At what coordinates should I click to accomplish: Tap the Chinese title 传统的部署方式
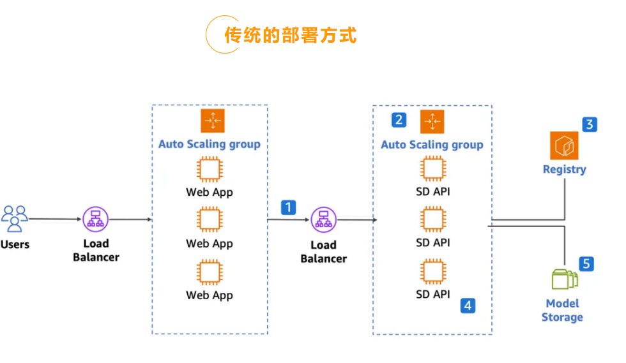coord(290,34)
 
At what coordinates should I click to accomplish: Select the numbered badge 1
coord(289,207)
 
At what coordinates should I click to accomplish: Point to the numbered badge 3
coord(590,124)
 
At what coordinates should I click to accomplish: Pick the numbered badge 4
coord(468,306)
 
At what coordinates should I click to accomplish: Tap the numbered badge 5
coord(586,263)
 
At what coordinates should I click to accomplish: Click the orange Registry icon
coord(564,145)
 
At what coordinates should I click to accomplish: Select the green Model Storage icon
coord(564,279)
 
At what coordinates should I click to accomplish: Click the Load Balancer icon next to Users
coord(96,219)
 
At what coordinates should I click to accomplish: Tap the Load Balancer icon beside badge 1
coord(323,220)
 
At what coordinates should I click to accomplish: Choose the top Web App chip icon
coord(210,170)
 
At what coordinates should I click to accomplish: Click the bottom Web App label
coord(210,295)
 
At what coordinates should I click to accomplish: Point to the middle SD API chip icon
coord(432,219)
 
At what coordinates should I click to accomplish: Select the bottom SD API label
coord(432,294)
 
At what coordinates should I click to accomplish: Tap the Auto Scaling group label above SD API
coord(432,145)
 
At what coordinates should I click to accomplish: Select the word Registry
coord(564,170)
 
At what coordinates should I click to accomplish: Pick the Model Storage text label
coord(563,310)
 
